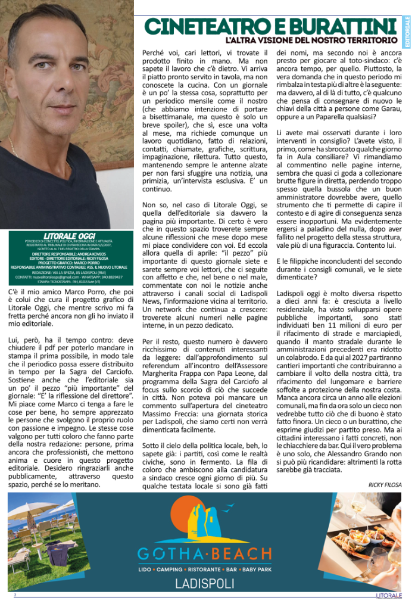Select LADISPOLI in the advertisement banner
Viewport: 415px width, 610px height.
(204, 583)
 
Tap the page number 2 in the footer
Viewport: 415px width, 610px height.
(15, 595)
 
